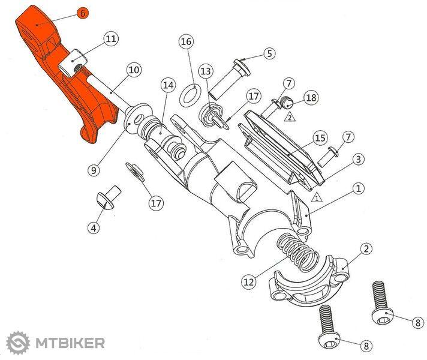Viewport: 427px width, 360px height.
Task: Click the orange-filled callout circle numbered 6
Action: (83, 13)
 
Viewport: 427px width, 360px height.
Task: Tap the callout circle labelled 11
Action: (111, 38)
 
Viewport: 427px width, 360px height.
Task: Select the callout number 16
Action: (187, 41)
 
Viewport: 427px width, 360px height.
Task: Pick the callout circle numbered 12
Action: (249, 282)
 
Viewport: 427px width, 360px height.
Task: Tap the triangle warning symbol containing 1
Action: (317, 197)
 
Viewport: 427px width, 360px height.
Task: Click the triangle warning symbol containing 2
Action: (290, 117)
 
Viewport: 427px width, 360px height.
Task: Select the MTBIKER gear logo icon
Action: (18, 343)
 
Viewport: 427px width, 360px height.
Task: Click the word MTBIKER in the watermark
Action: (70, 343)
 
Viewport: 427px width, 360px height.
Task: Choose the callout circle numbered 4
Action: (94, 227)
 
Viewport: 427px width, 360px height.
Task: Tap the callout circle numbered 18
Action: (311, 98)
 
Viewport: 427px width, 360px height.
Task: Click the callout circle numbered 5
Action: (269, 53)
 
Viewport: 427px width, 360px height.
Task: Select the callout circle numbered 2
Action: (366, 248)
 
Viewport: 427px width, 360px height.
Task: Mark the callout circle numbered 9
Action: (94, 170)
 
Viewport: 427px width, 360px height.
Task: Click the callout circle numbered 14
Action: (168, 85)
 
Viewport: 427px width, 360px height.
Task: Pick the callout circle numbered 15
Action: (320, 138)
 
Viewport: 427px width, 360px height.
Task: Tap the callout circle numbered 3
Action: (359, 159)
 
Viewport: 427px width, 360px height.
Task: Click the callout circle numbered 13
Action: (206, 71)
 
